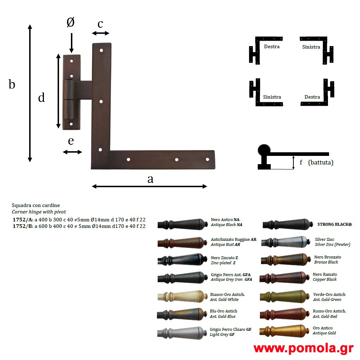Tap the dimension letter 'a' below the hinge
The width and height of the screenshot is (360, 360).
150,179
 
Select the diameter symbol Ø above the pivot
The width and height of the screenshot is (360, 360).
71,22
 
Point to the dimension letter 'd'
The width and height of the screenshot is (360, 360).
41,97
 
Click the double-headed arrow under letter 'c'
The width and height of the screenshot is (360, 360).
100,33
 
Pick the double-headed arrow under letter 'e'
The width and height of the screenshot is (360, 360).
72,152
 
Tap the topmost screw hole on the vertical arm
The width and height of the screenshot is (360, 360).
101,50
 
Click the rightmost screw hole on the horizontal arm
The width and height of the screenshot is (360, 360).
207,159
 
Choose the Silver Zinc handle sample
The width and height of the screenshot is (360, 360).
286,242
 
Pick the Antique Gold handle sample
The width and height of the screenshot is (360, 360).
284,331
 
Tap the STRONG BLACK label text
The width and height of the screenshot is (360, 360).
334,224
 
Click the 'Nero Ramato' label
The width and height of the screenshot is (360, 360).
325,274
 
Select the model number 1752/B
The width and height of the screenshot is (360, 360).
23,226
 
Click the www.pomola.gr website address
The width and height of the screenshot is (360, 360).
303,348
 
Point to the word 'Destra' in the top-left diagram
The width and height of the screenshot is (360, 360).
272,46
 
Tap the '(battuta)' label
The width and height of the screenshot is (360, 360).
321,163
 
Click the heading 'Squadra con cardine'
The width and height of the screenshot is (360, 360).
36,205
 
